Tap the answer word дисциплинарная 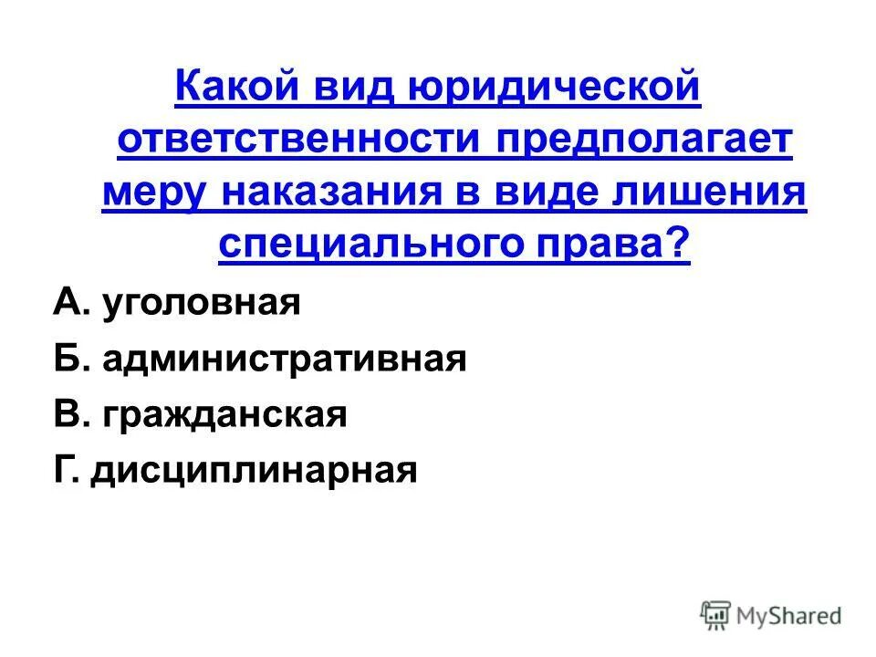pyautogui.click(x=254, y=471)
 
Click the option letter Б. pyautogui.click(x=67, y=360)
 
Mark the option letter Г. pyautogui.click(x=65, y=470)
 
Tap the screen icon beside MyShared pyautogui.click(x=714, y=616)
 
